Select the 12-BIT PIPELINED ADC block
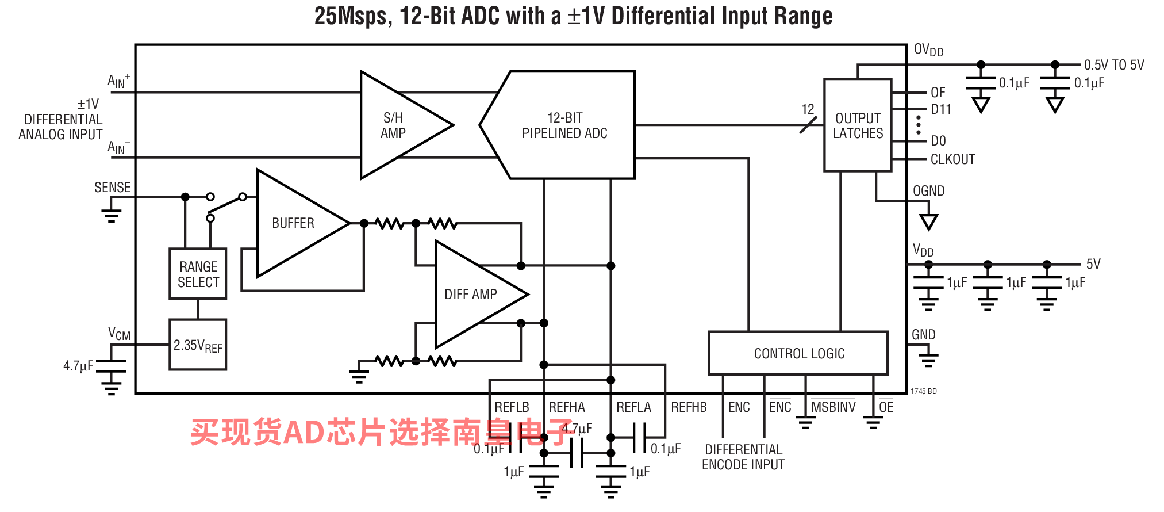coord(564,125)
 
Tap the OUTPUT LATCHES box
coord(858,125)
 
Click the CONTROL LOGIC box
coord(798,353)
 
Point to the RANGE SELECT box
coord(198,274)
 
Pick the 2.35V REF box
coord(198,345)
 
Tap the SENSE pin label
coord(112,188)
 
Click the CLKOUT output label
coord(952,159)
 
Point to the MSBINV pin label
coord(833,407)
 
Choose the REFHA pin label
coord(566,407)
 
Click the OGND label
coord(928,191)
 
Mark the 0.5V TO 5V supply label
coord(1113,65)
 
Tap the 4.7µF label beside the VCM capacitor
coord(78,366)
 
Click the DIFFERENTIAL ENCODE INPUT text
coord(743,457)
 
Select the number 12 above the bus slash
coord(808,109)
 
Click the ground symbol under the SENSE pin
coord(111,216)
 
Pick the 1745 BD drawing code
coord(923,392)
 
